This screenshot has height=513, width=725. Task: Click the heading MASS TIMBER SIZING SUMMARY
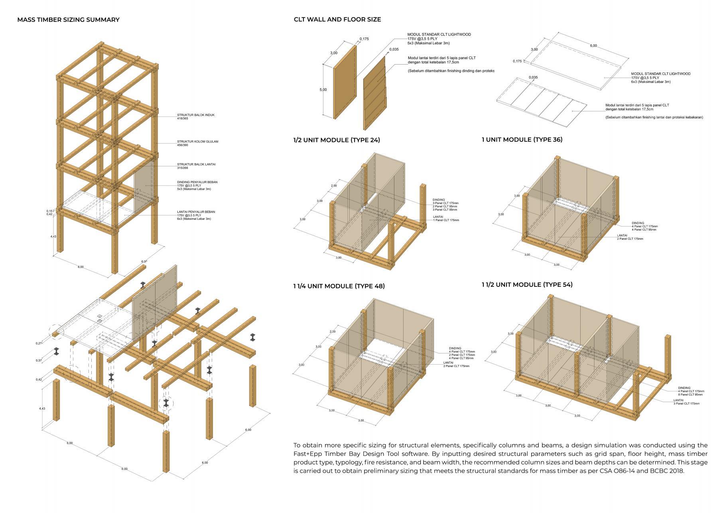(x=68, y=20)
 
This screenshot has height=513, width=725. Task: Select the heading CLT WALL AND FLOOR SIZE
(x=337, y=19)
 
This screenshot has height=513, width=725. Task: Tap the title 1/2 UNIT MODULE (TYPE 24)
(x=337, y=140)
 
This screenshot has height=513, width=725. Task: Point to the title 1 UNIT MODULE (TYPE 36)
(x=522, y=140)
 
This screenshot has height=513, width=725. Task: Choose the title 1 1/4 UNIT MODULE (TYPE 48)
(x=339, y=286)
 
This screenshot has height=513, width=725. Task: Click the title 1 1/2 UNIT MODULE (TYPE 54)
(x=527, y=284)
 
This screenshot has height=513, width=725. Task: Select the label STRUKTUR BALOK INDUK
(x=196, y=115)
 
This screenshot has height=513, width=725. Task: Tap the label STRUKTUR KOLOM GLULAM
(x=197, y=142)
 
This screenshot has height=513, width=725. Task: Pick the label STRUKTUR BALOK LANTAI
(x=196, y=164)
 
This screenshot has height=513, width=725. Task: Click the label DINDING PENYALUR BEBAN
(x=197, y=182)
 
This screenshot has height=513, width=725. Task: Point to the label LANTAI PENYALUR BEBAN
(x=196, y=212)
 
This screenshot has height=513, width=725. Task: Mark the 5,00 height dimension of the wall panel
(x=323, y=90)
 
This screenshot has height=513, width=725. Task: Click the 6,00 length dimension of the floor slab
(x=593, y=46)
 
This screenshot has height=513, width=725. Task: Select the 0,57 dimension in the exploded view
(x=39, y=361)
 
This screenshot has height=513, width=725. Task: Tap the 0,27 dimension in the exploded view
(x=39, y=343)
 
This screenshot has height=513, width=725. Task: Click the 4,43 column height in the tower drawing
(x=53, y=237)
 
